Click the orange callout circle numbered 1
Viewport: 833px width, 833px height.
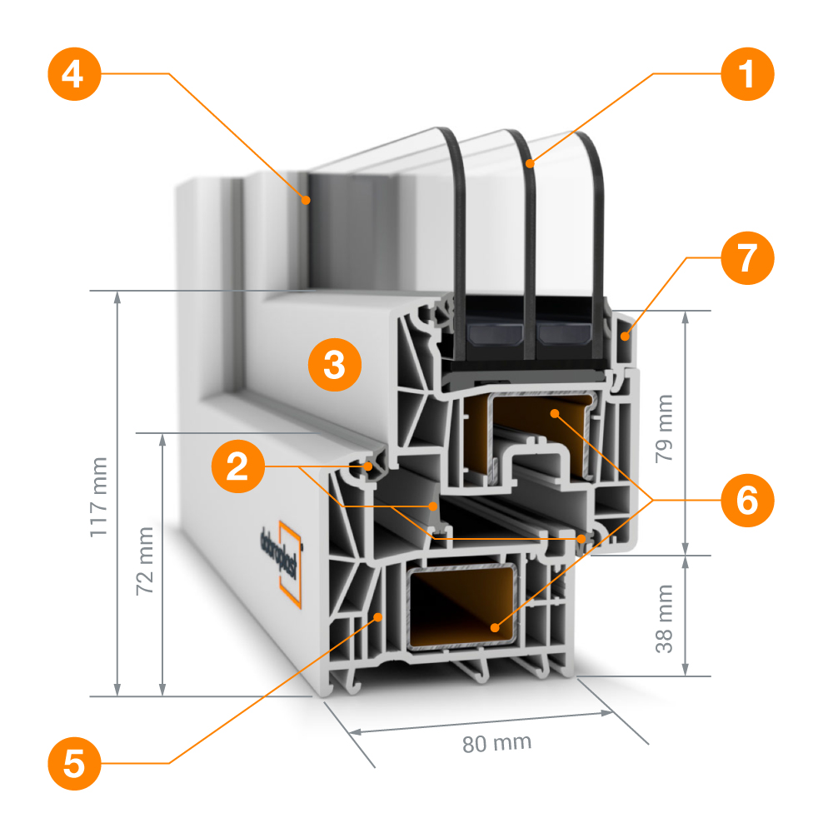point(747,74)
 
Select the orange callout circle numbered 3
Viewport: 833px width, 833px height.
point(334,364)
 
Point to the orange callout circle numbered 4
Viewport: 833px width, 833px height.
point(74,74)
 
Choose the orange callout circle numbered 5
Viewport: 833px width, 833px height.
point(74,762)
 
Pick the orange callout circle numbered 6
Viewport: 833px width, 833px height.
point(747,500)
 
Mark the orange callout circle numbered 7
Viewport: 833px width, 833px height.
point(747,258)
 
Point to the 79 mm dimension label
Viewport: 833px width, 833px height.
point(664,433)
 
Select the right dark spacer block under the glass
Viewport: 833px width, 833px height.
point(563,335)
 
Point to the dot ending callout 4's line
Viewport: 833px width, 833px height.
point(307,199)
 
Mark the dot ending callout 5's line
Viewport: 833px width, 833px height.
point(379,617)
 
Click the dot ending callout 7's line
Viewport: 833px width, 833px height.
point(625,335)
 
